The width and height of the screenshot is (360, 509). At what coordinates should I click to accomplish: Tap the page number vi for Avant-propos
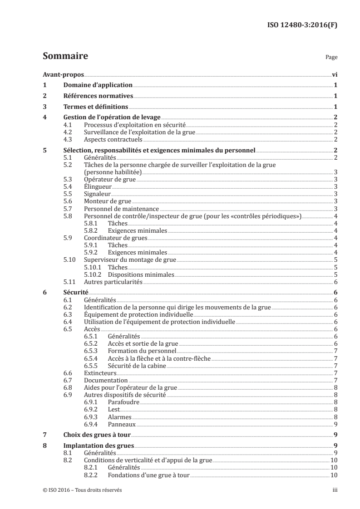[x=334, y=75]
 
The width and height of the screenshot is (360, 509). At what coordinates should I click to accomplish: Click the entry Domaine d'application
[x=97, y=85]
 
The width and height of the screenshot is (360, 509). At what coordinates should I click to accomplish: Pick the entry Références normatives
[x=98, y=96]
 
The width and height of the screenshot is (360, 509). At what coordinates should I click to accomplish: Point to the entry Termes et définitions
[x=95, y=107]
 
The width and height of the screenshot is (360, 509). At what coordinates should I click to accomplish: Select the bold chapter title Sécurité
[x=75, y=293]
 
